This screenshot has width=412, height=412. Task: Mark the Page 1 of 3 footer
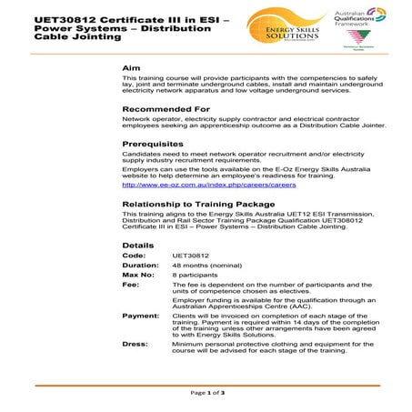point(207,393)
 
